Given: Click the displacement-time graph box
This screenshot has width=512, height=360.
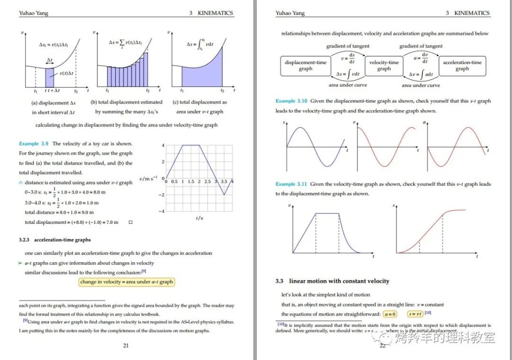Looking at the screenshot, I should pyautogui.click(x=306, y=66).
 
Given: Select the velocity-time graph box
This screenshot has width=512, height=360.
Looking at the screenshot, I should pyautogui.click(x=384, y=66).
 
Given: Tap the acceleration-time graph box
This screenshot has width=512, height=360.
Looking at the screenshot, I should pyautogui.click(x=462, y=66).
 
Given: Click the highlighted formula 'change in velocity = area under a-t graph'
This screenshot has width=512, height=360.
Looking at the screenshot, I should pyautogui.click(x=127, y=282).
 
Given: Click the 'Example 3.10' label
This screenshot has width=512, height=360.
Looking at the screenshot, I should pyautogui.click(x=291, y=101).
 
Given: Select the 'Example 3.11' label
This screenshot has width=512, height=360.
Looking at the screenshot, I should pyautogui.click(x=291, y=184).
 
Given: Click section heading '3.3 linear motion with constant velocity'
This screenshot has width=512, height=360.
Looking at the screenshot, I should pyautogui.click(x=332, y=281).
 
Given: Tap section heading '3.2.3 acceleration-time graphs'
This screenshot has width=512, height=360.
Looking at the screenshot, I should pyautogui.click(x=55, y=240).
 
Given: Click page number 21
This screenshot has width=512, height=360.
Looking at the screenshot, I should pyautogui.click(x=126, y=345).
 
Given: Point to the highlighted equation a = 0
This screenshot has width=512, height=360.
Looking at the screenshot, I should pyautogui.click(x=390, y=314).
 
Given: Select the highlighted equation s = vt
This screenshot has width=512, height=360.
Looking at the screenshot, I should pyautogui.click(x=415, y=314).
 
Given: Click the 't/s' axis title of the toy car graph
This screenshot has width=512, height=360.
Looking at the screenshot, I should pyautogui.click(x=199, y=218).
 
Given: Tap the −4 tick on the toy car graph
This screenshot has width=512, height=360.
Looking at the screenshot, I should pyautogui.click(x=161, y=211).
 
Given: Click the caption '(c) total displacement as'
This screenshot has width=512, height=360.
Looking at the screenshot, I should pyautogui.click(x=200, y=102).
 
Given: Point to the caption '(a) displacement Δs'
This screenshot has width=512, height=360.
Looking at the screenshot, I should pyautogui.click(x=53, y=102).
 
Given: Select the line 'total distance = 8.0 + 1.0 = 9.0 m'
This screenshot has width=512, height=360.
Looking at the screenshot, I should pyautogui.click(x=59, y=212).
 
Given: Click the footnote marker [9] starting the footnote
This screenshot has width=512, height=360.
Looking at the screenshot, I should pyautogui.click(x=26, y=321).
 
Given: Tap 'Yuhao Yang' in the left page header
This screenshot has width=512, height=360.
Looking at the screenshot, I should pyautogui.click(x=34, y=13).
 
